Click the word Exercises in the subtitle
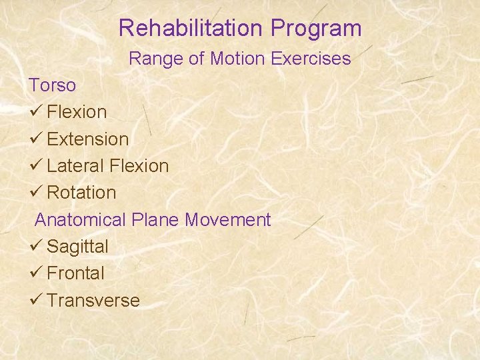[312, 59]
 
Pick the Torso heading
[52, 85]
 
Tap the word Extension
[88, 139]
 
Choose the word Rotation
[81, 193]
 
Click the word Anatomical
[80, 220]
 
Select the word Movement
[228, 220]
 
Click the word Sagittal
[77, 247]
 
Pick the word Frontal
[75, 273]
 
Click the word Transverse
[93, 301]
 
